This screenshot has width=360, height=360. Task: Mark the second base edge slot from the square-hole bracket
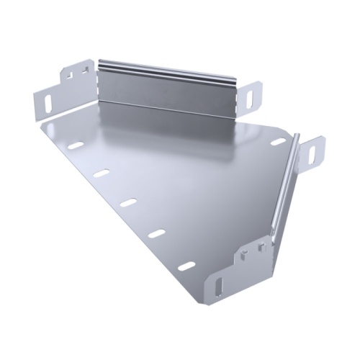click(101, 173)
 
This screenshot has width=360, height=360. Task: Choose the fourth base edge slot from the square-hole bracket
click(156, 233)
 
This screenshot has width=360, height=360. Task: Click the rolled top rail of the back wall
click(166, 69)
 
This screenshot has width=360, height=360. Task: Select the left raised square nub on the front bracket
click(245, 252)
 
